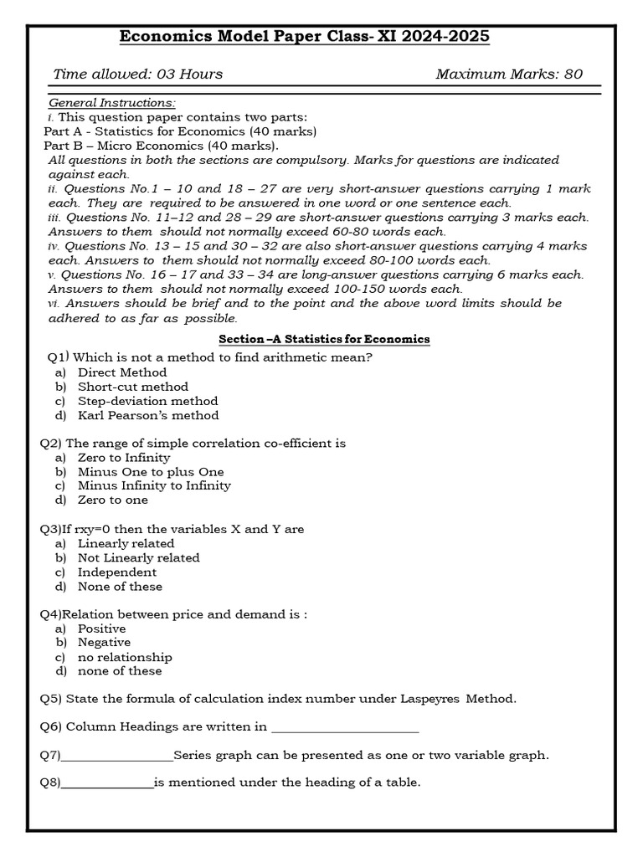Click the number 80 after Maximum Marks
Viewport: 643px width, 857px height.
[x=573, y=74]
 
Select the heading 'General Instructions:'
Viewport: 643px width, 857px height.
[x=111, y=103]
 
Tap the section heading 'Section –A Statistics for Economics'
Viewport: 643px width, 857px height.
[x=324, y=339]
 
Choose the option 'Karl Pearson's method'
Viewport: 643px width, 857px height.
[x=148, y=415]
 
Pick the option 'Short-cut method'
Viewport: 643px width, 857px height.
[x=133, y=387]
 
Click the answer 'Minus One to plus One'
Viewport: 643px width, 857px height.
[x=151, y=472]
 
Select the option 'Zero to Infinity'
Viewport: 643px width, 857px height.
[x=124, y=458]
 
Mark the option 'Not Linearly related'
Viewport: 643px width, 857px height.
[x=139, y=557]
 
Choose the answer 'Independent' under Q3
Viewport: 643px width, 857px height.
[x=117, y=572]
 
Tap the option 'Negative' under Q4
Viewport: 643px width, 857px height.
[x=104, y=642]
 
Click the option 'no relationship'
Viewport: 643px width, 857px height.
[x=125, y=657]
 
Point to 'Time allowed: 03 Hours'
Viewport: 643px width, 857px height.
[x=138, y=74]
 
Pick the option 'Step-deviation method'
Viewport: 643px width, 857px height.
[x=147, y=401]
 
